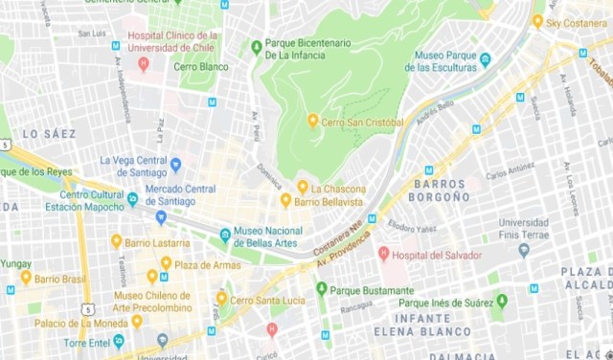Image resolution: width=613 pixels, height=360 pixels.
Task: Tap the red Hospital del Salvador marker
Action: (384, 254)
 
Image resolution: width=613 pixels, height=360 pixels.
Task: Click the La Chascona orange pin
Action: (303, 187)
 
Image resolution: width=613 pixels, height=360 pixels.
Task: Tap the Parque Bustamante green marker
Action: (321, 288)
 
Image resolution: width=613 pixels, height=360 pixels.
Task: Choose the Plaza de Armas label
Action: (205, 263)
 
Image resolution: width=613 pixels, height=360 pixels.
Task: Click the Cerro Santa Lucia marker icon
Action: (221, 298)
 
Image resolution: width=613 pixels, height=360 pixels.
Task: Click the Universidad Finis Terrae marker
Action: (523, 251)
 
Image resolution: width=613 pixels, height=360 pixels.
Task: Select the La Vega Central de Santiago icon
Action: (175, 165)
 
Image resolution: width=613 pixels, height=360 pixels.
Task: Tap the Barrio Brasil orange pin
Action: (25, 277)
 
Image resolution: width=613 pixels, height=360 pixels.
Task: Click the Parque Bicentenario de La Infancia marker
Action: (256, 46)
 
